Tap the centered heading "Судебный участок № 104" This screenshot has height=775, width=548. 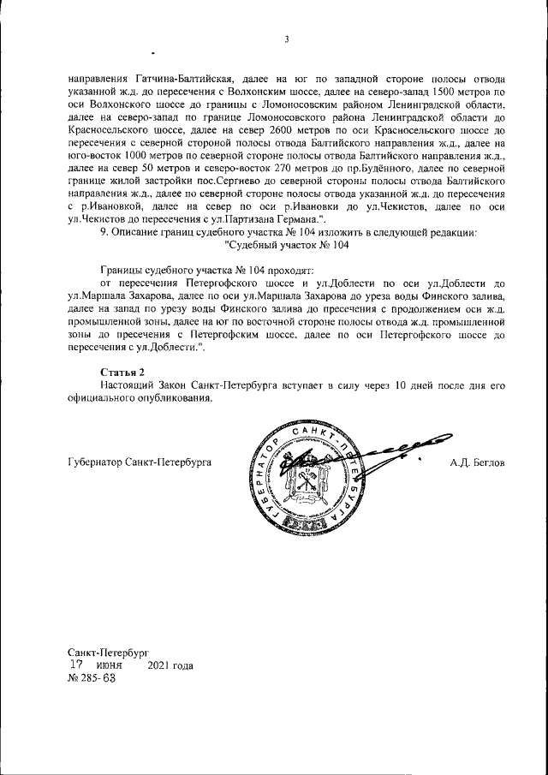click(x=287, y=245)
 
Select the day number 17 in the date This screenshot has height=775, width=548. click(x=76, y=665)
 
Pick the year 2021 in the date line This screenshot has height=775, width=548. click(x=163, y=665)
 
